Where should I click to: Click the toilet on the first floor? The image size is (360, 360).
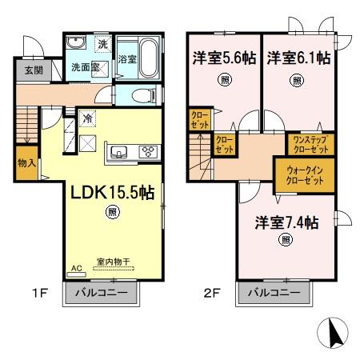point(142,95)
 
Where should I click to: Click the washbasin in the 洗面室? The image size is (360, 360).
point(75,44)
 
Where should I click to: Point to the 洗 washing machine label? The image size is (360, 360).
point(102,44)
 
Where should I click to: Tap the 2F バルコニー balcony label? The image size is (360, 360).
point(274,294)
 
